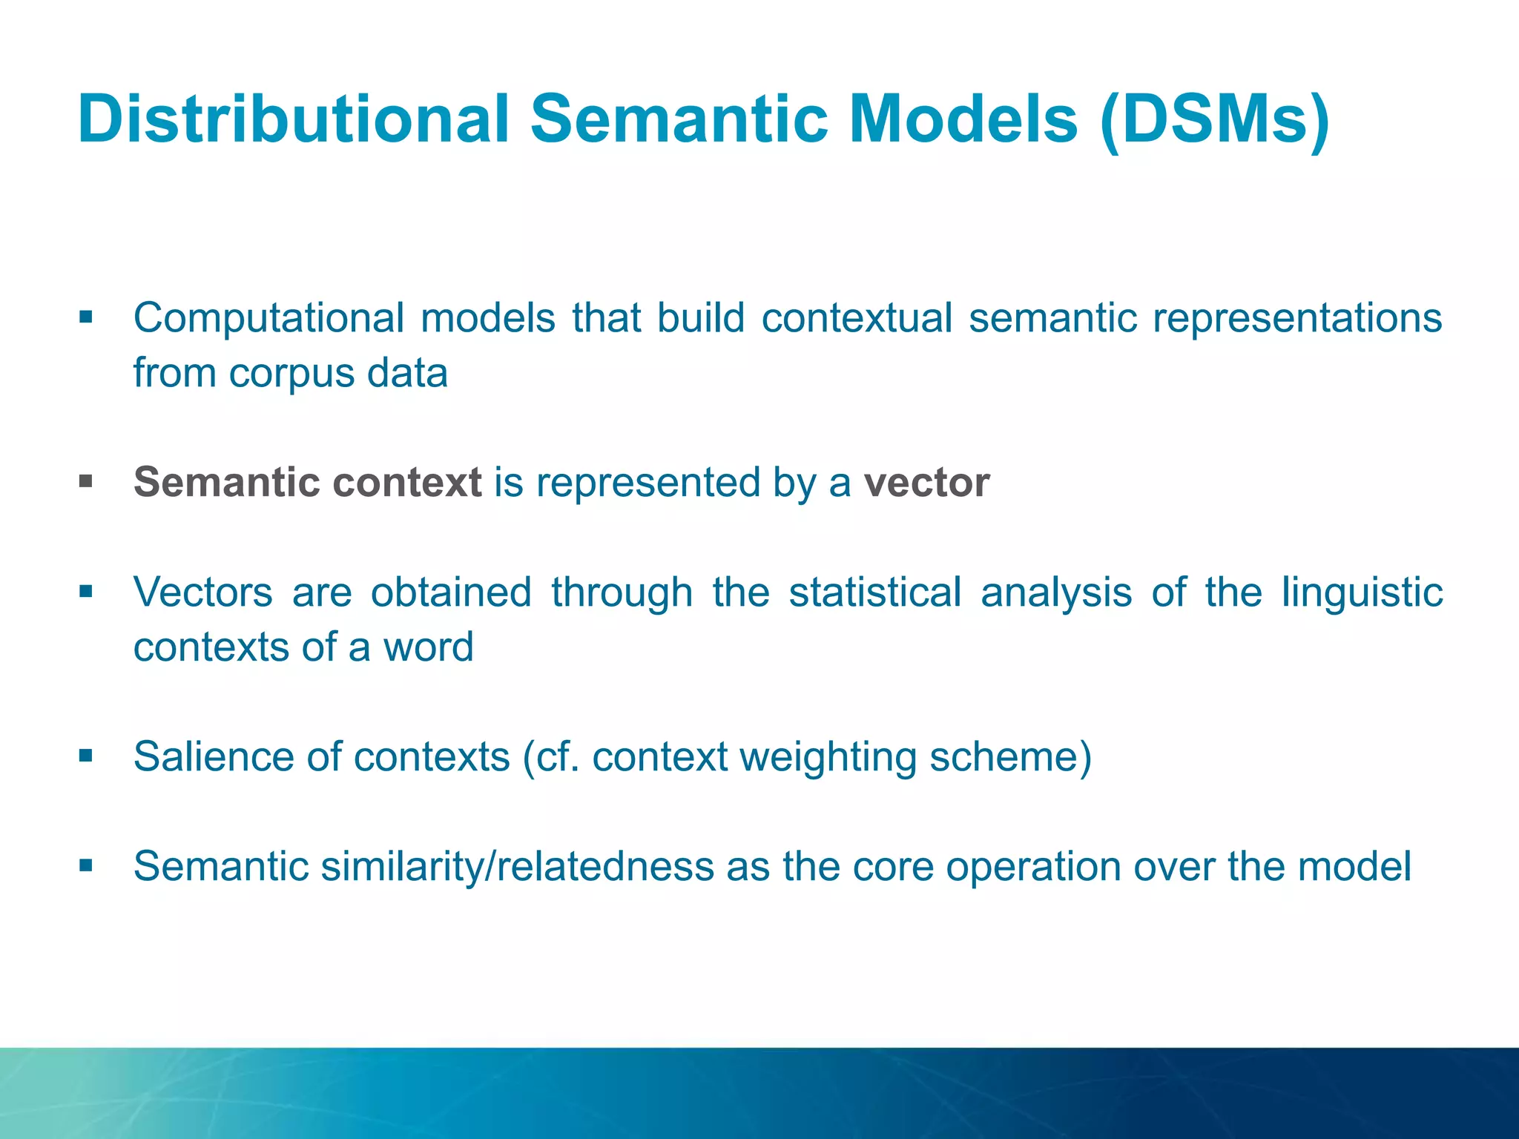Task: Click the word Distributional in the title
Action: [x=293, y=119]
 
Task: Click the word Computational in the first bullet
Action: [x=268, y=319]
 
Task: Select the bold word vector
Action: [x=926, y=483]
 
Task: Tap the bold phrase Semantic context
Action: [x=308, y=483]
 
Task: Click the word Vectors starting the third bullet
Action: [x=202, y=592]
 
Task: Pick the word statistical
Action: [x=874, y=592]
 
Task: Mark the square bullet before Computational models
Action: [x=86, y=318]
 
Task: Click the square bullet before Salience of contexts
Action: [x=86, y=756]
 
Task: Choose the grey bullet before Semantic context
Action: [x=86, y=483]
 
